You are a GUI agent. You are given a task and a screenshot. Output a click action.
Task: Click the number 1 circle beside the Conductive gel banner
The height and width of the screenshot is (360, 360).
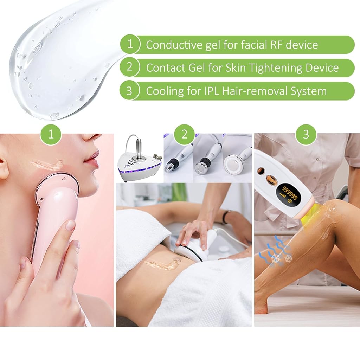tap(130, 44)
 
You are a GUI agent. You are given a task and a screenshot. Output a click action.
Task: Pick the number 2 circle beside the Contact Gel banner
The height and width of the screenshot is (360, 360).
tap(130, 67)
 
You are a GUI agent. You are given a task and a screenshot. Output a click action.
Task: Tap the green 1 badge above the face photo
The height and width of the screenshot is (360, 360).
tap(51, 134)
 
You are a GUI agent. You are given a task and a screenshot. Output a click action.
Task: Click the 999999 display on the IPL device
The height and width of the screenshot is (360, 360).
tap(290, 194)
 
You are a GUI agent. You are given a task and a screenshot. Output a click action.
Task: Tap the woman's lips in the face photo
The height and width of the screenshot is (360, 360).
tap(92, 157)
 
